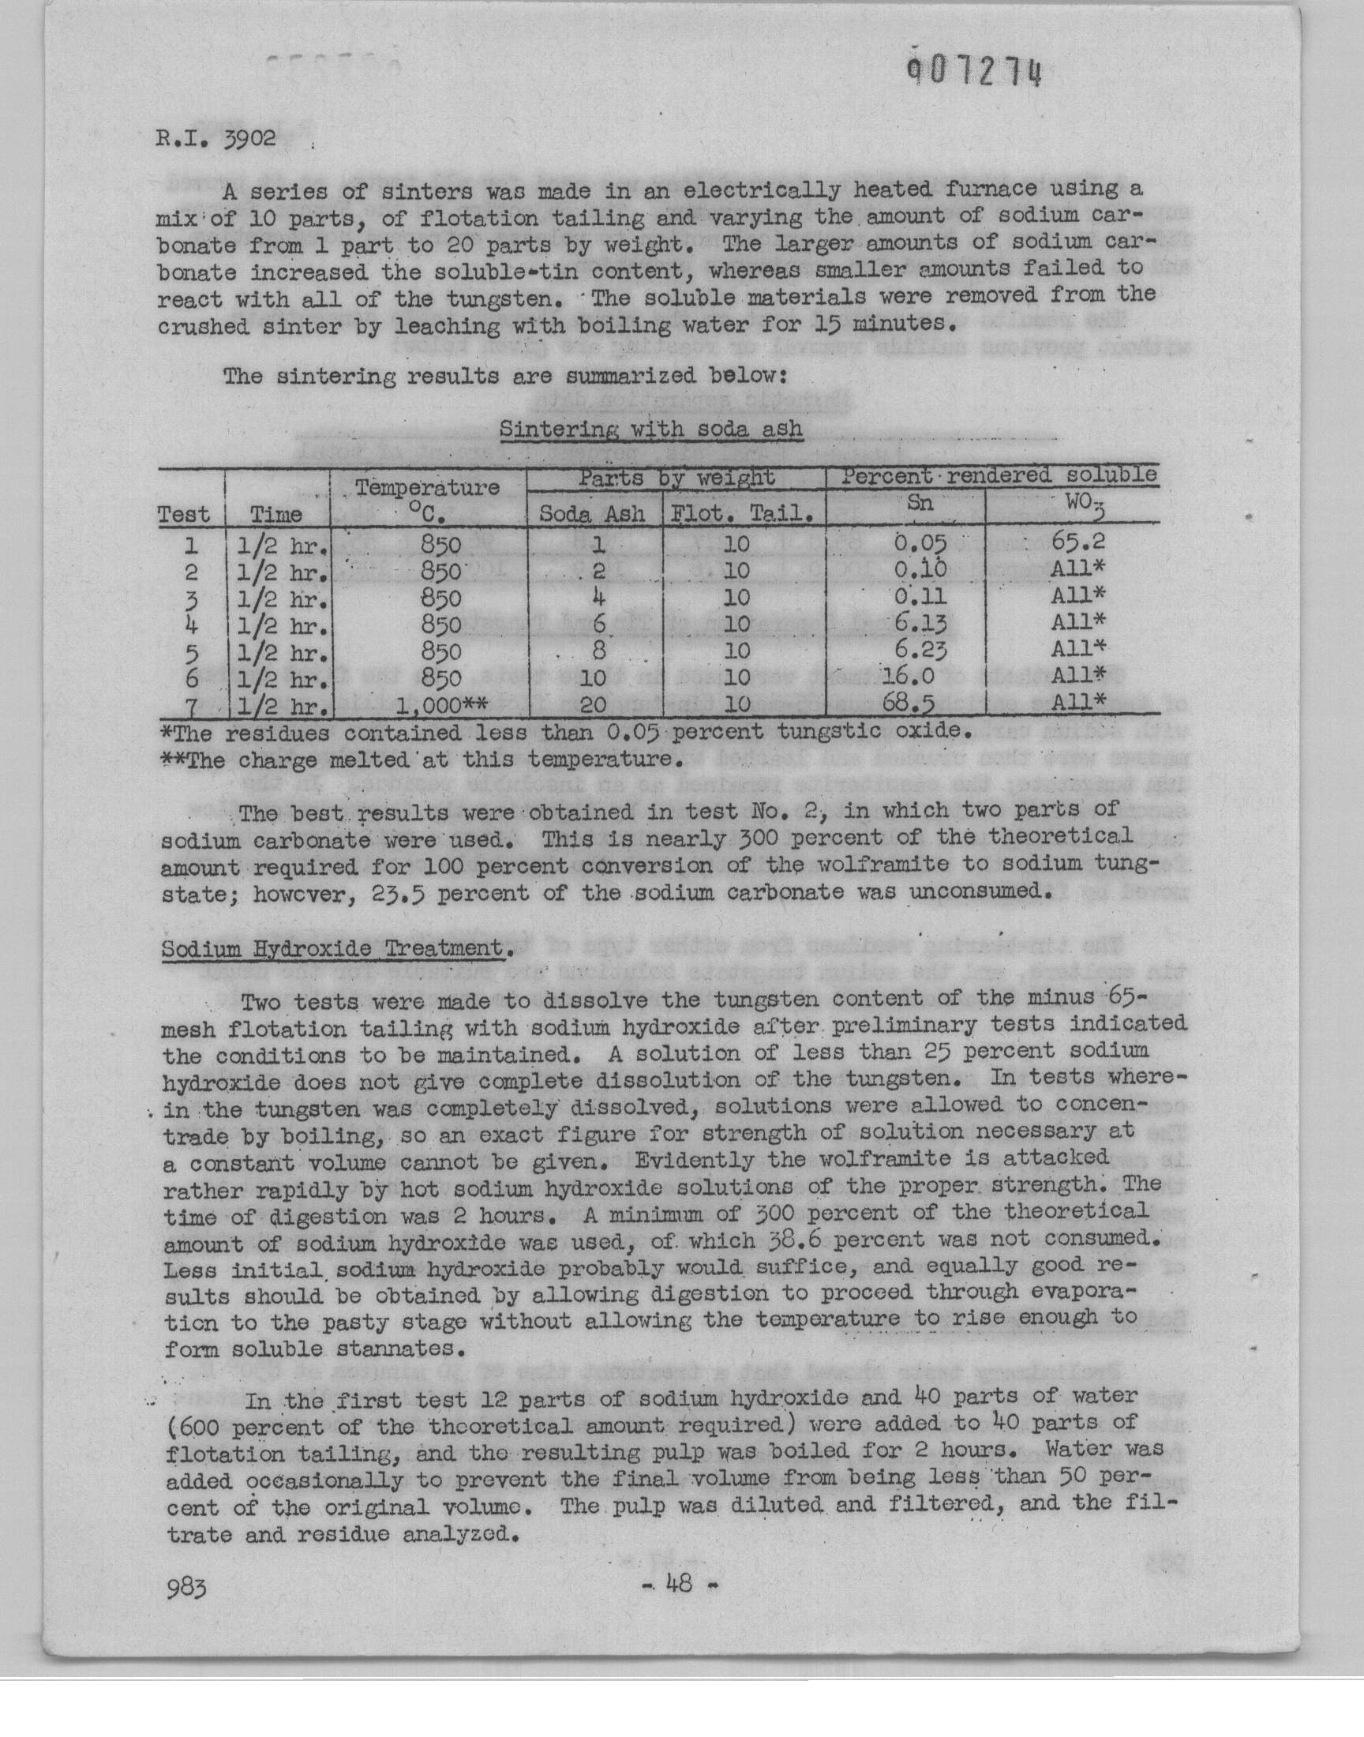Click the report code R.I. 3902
215,139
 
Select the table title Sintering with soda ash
650,429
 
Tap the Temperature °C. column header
427,499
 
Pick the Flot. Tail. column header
744,513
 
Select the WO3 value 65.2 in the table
1078,542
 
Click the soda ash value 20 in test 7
594,704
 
